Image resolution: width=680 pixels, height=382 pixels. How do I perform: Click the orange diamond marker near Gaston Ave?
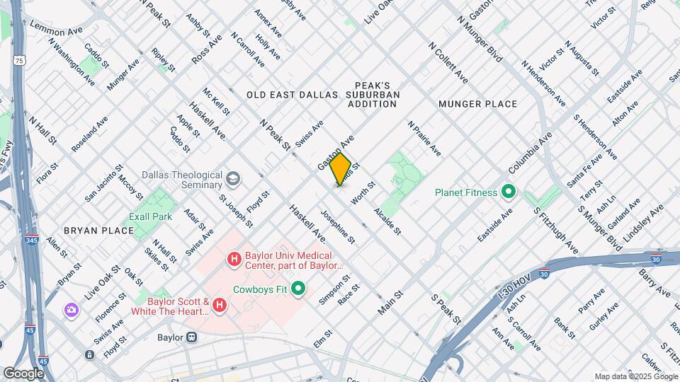coord(341,170)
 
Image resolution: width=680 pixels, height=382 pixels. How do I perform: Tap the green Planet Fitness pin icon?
coord(508,192)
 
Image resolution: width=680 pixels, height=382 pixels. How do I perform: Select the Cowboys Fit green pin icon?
coord(298,289)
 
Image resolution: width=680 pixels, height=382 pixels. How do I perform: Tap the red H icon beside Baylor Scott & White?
coord(220,305)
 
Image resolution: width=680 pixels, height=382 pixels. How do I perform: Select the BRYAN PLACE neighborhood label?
coord(98,231)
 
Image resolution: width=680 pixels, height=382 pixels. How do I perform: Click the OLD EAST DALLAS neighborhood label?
coord(288,94)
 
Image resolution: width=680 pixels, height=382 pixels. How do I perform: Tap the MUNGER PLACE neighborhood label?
coord(477,104)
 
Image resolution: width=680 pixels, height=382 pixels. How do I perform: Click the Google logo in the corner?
coord(23,373)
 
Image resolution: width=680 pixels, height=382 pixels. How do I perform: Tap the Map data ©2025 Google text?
coord(635,376)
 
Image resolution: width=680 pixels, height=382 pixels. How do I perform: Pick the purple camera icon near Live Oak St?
coord(71,310)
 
